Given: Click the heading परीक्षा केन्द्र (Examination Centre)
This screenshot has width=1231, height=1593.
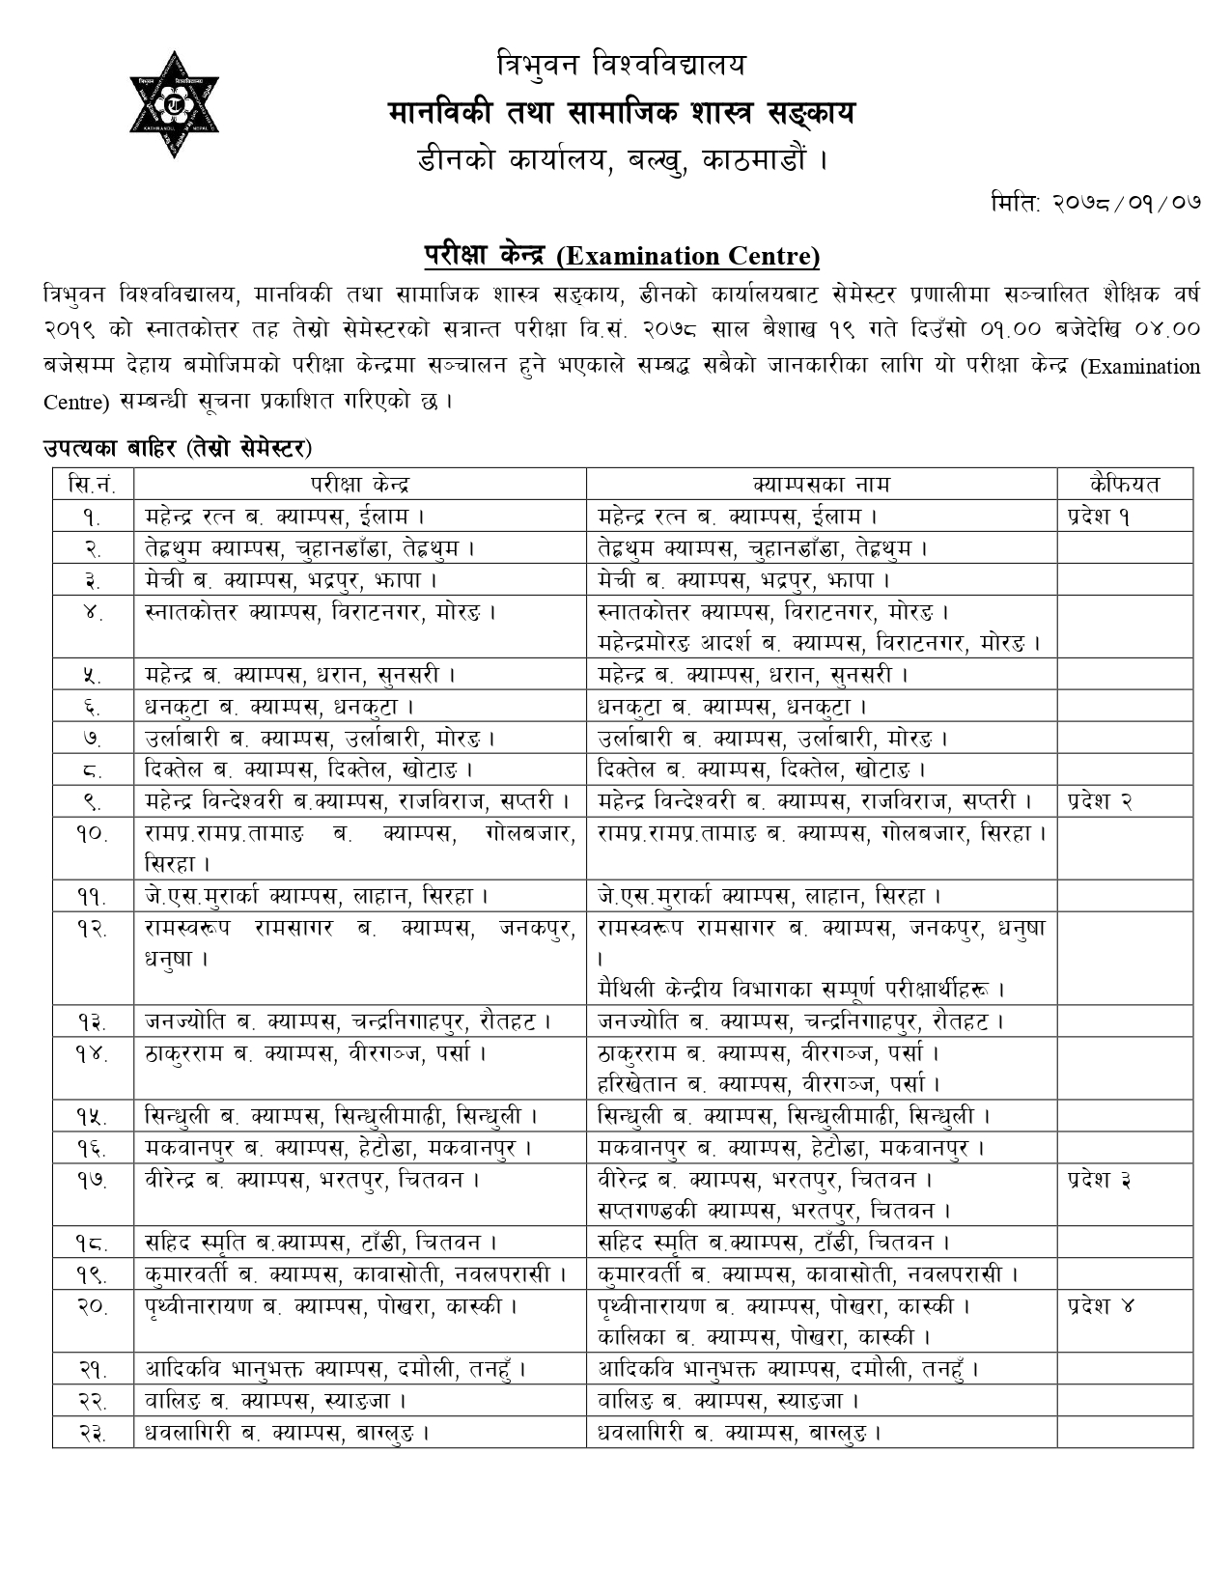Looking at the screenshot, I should (622, 256).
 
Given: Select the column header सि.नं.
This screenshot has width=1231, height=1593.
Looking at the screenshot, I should (93, 484).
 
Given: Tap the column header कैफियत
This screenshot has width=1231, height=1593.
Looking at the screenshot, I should (1124, 484).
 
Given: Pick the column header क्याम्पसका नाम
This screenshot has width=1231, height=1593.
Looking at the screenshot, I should (821, 484).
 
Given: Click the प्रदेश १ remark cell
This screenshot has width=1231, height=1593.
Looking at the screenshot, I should (1100, 516).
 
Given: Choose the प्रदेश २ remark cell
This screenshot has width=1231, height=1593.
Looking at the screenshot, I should (1101, 800).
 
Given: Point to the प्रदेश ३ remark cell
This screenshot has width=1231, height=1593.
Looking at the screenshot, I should (1101, 1179).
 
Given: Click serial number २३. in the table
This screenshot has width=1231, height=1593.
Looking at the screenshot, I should (93, 1432).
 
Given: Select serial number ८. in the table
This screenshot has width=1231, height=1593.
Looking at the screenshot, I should (93, 769).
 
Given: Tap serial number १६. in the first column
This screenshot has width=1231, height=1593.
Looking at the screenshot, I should (93, 1148).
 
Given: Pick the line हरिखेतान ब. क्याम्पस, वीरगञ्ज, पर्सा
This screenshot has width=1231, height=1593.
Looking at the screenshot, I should (769, 1084).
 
